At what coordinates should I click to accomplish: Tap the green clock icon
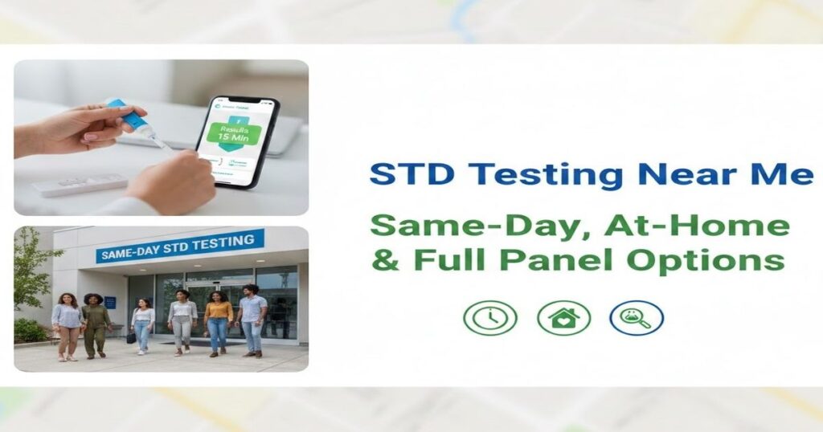[489, 318]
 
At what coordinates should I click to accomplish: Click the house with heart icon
[563, 318]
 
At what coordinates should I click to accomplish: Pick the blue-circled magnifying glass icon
[636, 318]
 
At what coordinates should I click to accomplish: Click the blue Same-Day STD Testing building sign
[180, 247]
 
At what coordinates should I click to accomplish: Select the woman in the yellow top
[218, 322]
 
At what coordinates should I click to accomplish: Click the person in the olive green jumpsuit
[96, 324]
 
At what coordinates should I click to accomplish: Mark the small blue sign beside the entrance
[110, 303]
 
